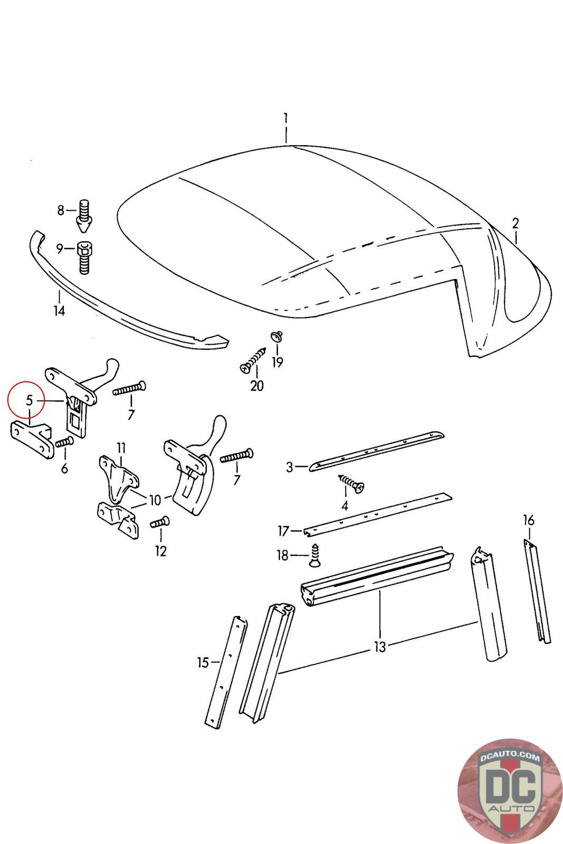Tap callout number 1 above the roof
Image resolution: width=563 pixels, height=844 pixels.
tap(285, 117)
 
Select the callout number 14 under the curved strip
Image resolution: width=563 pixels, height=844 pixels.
tap(59, 311)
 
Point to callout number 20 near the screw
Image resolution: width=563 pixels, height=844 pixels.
tap(256, 386)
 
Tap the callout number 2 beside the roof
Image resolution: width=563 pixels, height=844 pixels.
tap(515, 223)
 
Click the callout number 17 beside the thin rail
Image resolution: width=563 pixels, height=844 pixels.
tap(284, 530)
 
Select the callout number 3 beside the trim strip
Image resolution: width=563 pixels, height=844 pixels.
tap(289, 467)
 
